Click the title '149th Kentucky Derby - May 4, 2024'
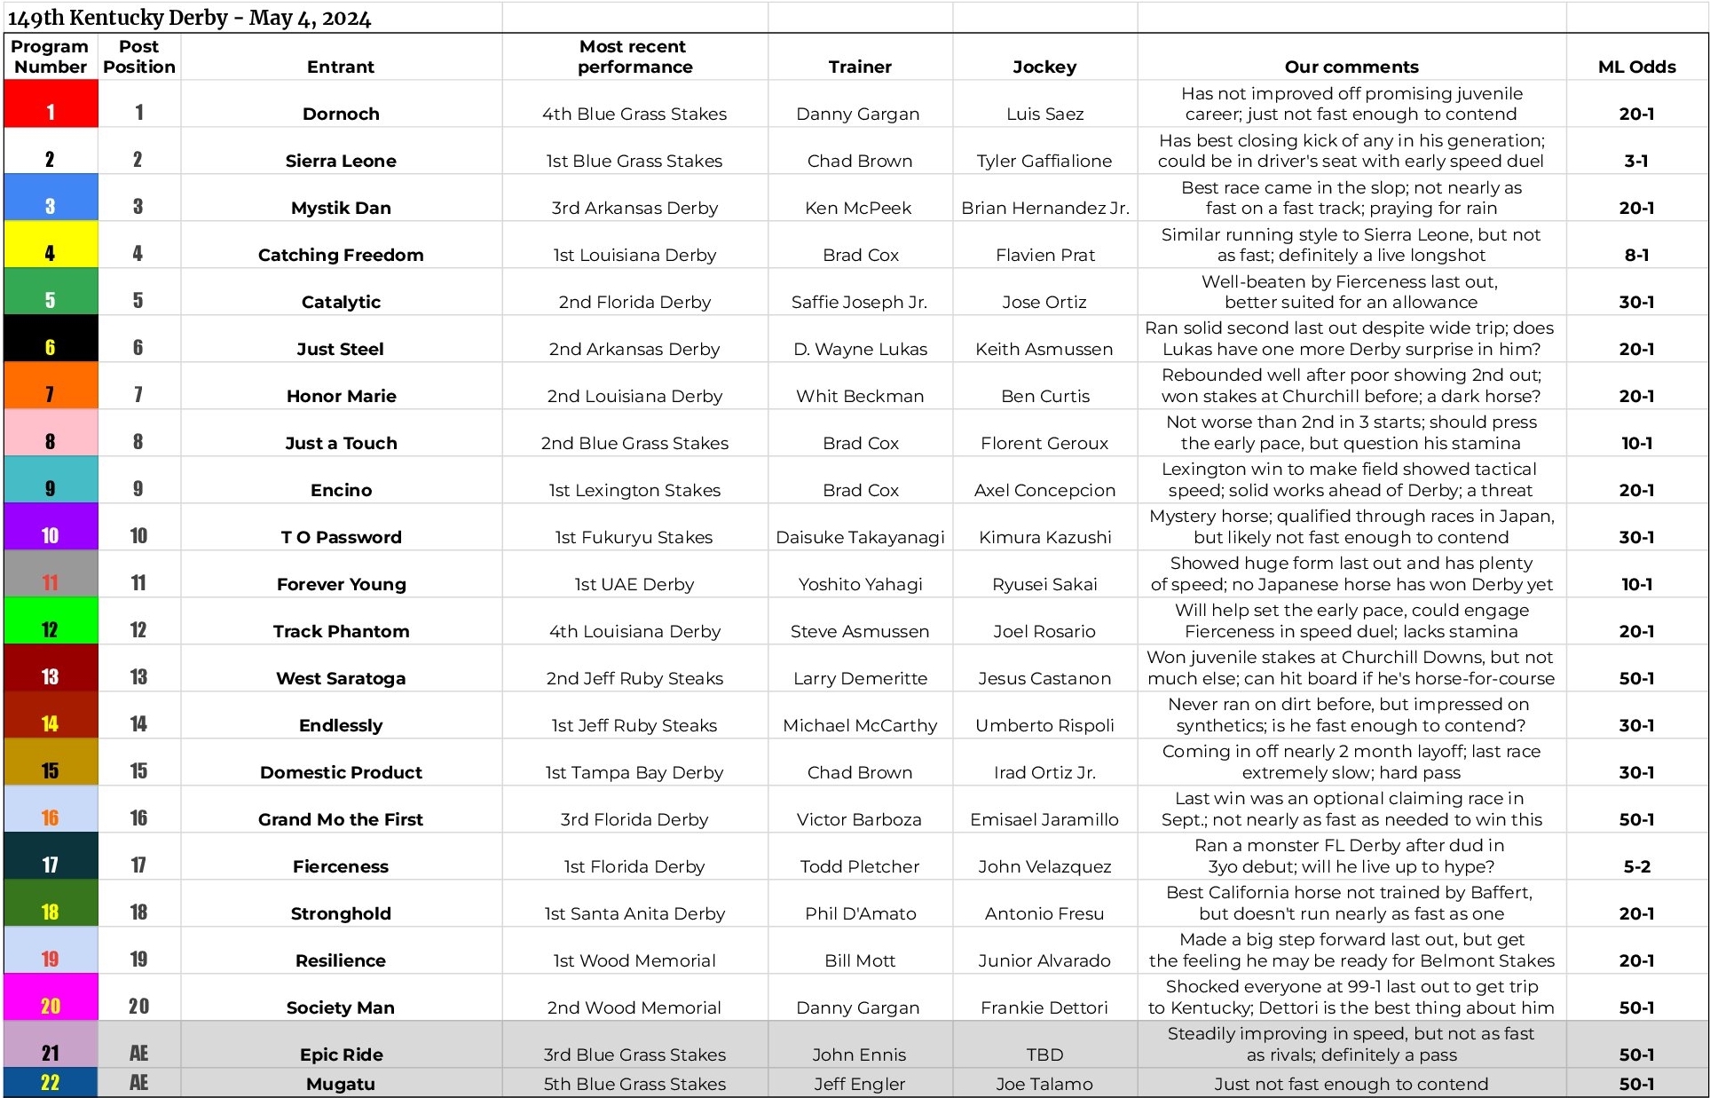(x=189, y=18)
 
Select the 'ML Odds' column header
(x=1636, y=67)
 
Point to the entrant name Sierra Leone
(x=341, y=161)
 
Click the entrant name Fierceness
(x=341, y=866)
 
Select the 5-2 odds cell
(x=1636, y=866)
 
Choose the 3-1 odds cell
(x=1636, y=161)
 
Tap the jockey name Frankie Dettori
(x=1044, y=1007)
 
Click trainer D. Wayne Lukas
(x=860, y=349)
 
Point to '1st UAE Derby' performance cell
(x=634, y=584)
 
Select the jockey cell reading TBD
(x=1044, y=1055)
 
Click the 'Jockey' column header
(x=1044, y=67)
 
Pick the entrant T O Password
(x=341, y=537)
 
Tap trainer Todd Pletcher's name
(x=860, y=866)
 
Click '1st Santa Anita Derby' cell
(x=634, y=913)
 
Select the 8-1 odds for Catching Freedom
(x=1636, y=255)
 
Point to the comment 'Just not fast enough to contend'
(x=1351, y=1084)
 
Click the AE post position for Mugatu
(x=138, y=1083)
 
